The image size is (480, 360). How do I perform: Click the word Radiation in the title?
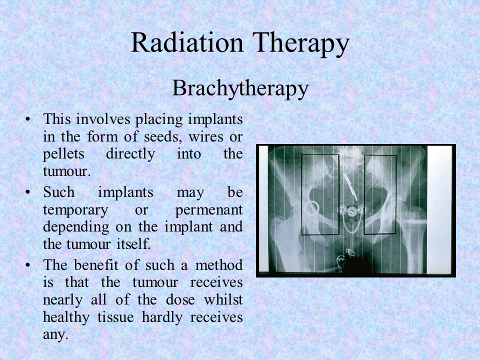(x=187, y=43)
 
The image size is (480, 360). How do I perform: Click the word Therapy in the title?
(x=301, y=44)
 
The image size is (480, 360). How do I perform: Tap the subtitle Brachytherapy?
(x=240, y=89)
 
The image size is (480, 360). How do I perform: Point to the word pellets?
(x=63, y=154)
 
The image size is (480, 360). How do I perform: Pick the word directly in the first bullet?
(x=130, y=154)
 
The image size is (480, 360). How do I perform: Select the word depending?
(x=76, y=227)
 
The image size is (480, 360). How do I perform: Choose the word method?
(x=219, y=265)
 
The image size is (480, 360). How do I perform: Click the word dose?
(x=180, y=299)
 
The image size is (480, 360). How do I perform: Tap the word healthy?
(x=66, y=317)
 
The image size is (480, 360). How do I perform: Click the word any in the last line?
(x=55, y=334)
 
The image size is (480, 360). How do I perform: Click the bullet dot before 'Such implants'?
(x=28, y=192)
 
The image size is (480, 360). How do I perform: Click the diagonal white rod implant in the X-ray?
(x=350, y=187)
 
